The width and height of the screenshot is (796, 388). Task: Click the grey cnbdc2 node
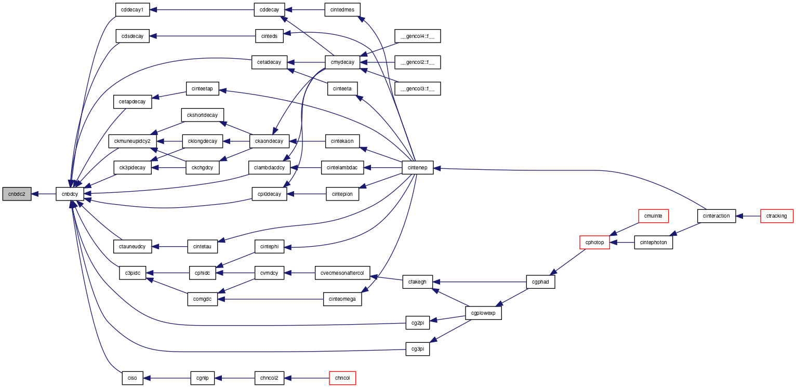(17, 194)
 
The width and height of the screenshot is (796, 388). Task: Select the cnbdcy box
(70, 194)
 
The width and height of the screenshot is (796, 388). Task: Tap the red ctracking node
(776, 216)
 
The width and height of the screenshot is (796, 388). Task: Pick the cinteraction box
(717, 216)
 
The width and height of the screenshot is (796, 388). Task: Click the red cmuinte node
(653, 216)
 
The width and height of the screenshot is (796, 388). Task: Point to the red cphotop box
(594, 243)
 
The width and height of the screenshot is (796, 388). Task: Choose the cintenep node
(418, 168)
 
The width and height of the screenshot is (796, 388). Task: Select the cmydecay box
(342, 62)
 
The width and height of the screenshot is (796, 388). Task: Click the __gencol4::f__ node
(418, 36)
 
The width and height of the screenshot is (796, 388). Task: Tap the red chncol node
(342, 378)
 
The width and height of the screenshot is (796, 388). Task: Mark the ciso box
(132, 378)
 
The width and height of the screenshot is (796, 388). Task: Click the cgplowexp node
(483, 313)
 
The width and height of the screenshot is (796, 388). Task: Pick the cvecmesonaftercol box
(342, 273)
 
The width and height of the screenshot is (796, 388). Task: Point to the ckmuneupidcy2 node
(132, 141)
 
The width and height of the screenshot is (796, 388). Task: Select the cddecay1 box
(132, 9)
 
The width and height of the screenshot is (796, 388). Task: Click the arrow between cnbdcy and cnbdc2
(43, 194)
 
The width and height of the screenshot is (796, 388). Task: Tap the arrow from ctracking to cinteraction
(748, 216)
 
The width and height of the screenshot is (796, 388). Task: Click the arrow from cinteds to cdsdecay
(202, 36)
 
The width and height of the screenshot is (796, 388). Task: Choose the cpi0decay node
(269, 194)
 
